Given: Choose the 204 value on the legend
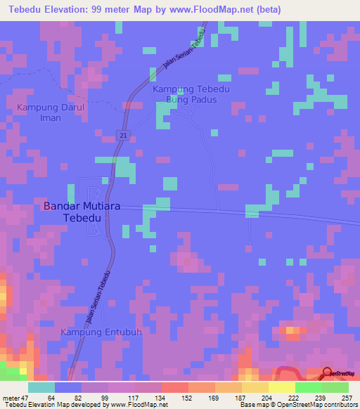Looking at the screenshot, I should click(x=268, y=397).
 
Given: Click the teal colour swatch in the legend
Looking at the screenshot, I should click(x=41, y=387).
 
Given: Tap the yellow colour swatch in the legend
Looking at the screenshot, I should click(x=281, y=387).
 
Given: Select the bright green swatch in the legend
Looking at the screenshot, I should click(x=308, y=387).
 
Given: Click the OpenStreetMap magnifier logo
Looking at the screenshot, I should click(x=328, y=373).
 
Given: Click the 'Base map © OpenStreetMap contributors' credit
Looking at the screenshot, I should click(x=297, y=405).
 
